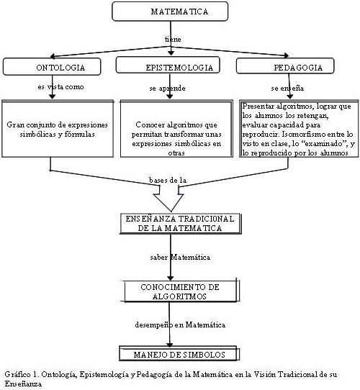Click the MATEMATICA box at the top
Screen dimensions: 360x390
[x=170, y=12]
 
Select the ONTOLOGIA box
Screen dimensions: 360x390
[x=52, y=67]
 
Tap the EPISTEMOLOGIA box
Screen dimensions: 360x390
[x=168, y=65]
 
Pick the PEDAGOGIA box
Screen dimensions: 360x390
[x=285, y=66]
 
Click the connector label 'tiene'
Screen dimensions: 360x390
[x=173, y=39]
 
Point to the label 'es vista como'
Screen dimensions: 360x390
[x=60, y=87]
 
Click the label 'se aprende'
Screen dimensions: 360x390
[x=167, y=89]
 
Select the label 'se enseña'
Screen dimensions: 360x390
[x=287, y=88]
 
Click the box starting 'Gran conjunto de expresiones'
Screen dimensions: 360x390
[x=58, y=129]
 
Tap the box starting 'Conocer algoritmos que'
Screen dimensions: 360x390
[x=176, y=129]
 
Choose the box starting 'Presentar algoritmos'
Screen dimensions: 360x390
[x=299, y=129]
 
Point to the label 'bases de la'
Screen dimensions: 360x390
[x=168, y=180]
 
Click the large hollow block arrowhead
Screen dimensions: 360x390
[x=168, y=202]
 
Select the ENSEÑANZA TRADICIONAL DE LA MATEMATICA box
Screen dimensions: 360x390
[x=181, y=223]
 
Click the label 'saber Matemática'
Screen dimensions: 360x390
[x=180, y=257]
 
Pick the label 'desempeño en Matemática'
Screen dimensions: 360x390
[x=180, y=325]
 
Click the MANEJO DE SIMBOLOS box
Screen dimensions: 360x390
[x=179, y=353]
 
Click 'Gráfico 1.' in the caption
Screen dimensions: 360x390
[x=22, y=374]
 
